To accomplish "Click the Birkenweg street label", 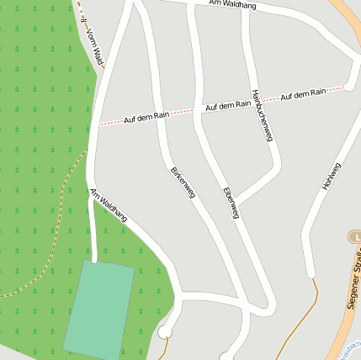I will coord(183,182).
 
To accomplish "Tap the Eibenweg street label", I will coord(231,203).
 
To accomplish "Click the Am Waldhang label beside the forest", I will coord(109,205).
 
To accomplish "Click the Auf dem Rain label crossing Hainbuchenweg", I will coord(228,105).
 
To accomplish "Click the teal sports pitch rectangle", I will coord(99,309).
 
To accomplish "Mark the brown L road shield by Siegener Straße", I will coord(353,238).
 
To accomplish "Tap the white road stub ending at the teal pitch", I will coord(93,244).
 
